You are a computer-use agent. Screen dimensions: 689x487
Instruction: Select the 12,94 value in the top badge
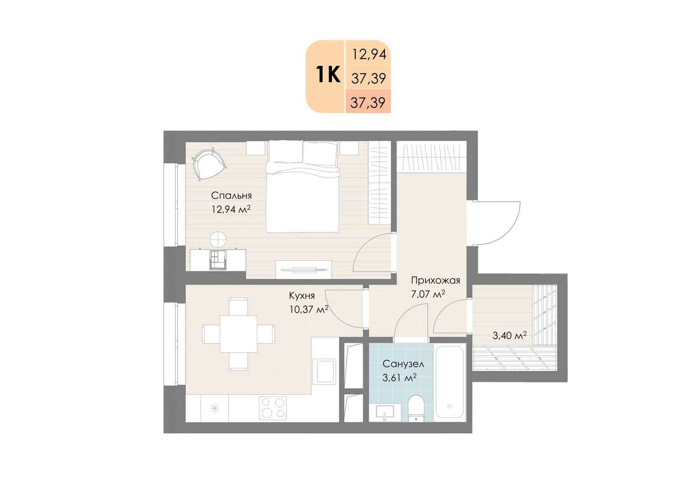pos(369,54)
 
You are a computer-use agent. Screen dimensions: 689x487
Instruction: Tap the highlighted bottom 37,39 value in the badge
pos(368,103)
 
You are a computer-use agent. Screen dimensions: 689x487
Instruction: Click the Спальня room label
pos(231,196)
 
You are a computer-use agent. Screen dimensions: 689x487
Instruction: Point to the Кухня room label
pos(302,295)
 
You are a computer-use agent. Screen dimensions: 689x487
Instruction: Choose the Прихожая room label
pos(435,280)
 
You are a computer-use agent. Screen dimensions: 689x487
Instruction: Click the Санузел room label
pos(403,364)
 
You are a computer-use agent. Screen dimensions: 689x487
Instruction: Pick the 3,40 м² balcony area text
pos(509,335)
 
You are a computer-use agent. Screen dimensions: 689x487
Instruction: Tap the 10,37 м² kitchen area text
pos(309,309)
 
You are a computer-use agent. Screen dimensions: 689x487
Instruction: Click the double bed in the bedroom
pos(302,187)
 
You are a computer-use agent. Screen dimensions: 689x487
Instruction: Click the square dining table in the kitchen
pos(238,334)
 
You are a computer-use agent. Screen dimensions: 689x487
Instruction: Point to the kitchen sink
pos(325,371)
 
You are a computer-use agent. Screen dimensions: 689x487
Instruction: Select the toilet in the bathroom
pos(416,408)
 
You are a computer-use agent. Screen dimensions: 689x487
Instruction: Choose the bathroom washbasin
pos(385,413)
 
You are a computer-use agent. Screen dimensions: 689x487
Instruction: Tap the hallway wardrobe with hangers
pos(431,157)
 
